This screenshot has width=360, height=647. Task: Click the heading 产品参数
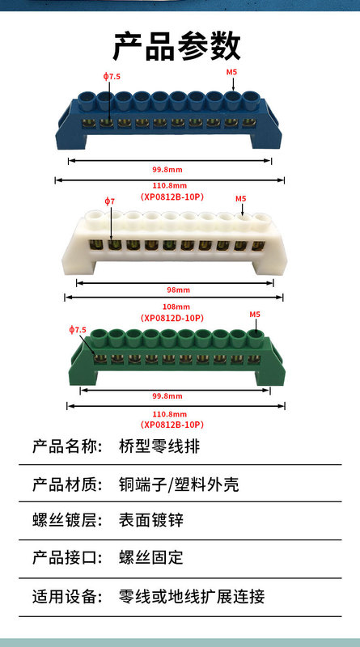click(176, 46)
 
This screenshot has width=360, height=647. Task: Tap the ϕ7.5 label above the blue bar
click(112, 76)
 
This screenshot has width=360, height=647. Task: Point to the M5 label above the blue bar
click(231, 72)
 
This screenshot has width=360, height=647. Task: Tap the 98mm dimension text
click(178, 290)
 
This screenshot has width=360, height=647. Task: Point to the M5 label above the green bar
click(255, 314)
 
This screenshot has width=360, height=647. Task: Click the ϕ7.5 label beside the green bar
click(78, 329)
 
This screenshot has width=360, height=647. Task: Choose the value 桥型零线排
click(159, 446)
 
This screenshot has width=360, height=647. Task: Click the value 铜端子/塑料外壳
click(179, 484)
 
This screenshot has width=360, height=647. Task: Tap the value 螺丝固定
click(151, 558)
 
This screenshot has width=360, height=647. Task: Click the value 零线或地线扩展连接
click(192, 596)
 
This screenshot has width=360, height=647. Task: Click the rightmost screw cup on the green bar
click(255, 337)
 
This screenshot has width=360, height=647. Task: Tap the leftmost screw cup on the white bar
click(93, 218)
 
